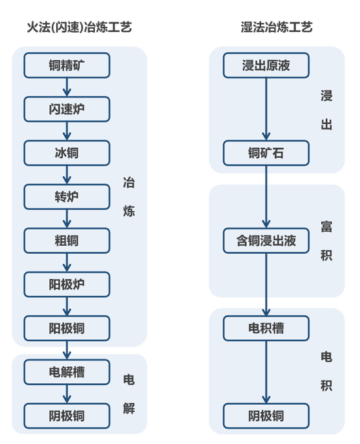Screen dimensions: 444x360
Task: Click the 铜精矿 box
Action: (67, 65)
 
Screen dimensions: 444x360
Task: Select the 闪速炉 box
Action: (67, 109)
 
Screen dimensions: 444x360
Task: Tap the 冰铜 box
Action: (67, 153)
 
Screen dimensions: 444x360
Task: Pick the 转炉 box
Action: (67, 197)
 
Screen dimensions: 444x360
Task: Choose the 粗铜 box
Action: (67, 241)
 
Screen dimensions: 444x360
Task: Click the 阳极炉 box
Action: (67, 284)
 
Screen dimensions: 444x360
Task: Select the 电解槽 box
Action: (67, 373)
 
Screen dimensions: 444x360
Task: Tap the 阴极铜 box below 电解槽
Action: (67, 416)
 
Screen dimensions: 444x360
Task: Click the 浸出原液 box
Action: (266, 65)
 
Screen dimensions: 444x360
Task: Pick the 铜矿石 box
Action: (266, 153)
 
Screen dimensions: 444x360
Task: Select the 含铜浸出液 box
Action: (266, 241)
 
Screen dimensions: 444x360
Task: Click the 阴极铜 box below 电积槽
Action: (266, 416)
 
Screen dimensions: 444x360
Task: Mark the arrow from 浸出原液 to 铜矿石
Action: (266, 109)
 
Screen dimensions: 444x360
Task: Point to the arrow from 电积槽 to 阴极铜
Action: (266, 372)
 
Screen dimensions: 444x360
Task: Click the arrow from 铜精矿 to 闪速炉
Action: (67, 87)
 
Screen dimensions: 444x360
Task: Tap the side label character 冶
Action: (129, 183)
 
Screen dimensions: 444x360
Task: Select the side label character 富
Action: (327, 227)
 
